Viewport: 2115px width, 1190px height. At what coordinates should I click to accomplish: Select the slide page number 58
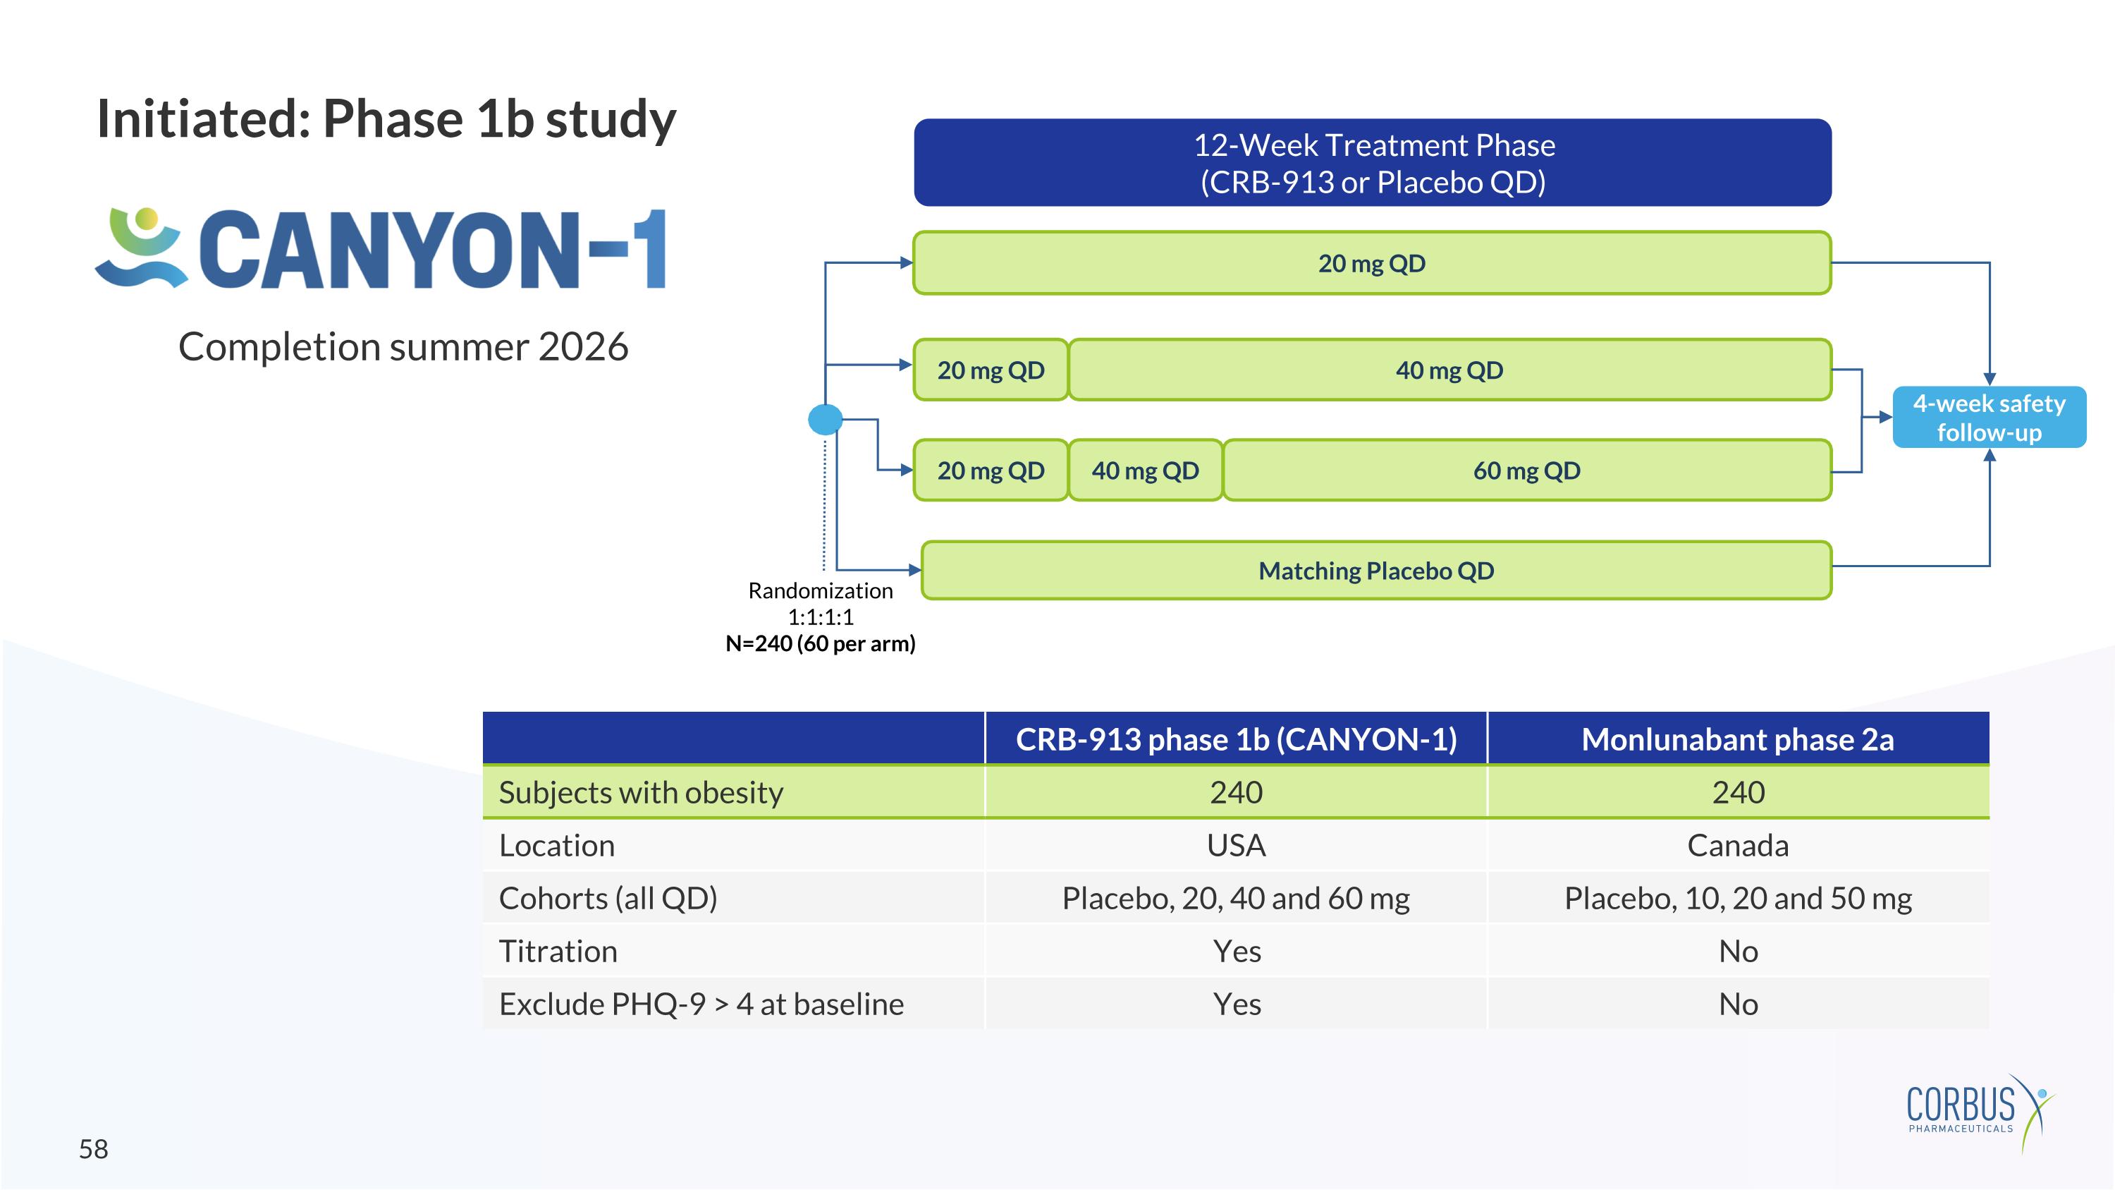pyautogui.click(x=94, y=1149)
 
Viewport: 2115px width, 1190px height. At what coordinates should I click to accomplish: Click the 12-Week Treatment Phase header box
pyautogui.click(x=1372, y=163)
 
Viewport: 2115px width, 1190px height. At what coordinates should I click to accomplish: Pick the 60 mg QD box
pyautogui.click(x=1526, y=470)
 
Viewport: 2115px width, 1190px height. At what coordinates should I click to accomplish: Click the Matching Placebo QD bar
pyautogui.click(x=1376, y=571)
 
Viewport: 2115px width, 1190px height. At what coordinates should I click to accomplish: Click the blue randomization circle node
pyautogui.click(x=825, y=419)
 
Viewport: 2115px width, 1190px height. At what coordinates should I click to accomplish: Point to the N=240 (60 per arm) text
pyautogui.click(x=820, y=644)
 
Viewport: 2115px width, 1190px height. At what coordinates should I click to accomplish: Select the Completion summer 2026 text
pyautogui.click(x=403, y=346)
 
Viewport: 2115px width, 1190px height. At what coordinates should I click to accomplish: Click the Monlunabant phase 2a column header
pyautogui.click(x=1737, y=739)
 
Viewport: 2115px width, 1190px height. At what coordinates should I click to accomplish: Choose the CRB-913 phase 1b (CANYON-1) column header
pyautogui.click(x=1236, y=739)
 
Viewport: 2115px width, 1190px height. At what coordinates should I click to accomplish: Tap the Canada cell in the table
pyautogui.click(x=1737, y=845)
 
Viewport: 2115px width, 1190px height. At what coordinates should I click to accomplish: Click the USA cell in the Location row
pyautogui.click(x=1236, y=845)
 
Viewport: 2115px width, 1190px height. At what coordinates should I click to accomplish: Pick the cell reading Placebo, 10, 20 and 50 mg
pyautogui.click(x=1737, y=899)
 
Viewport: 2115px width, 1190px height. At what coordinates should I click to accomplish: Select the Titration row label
pyautogui.click(x=558, y=951)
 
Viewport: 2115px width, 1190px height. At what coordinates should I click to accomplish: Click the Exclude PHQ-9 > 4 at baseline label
pyautogui.click(x=701, y=1004)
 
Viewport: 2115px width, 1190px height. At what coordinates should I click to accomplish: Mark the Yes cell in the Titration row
pyautogui.click(x=1237, y=951)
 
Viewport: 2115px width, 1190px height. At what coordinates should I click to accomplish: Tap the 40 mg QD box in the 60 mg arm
pyautogui.click(x=1146, y=470)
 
